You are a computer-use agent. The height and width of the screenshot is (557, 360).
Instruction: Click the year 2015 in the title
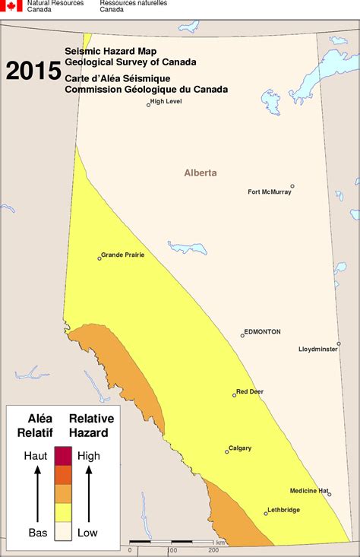[33, 71]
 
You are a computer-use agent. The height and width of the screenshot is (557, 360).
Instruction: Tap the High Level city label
[167, 101]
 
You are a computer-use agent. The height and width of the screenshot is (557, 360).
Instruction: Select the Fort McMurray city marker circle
[292, 185]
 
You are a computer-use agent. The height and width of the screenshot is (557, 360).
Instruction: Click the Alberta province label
[201, 172]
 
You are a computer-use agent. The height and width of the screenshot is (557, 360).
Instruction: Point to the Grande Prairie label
[123, 255]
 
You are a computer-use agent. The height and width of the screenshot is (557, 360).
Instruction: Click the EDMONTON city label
[263, 332]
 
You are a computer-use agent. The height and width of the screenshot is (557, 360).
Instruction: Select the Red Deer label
[250, 391]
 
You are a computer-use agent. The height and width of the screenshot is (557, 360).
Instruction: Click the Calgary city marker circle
[226, 452]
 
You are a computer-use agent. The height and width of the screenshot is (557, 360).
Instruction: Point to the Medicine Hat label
[307, 490]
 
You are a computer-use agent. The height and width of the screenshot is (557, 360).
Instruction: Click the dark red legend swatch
[63, 456]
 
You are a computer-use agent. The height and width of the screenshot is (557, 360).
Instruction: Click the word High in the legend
[89, 456]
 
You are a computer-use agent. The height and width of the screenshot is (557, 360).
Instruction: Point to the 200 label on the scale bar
[214, 550]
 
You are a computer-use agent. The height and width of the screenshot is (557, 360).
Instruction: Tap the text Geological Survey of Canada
[130, 62]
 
